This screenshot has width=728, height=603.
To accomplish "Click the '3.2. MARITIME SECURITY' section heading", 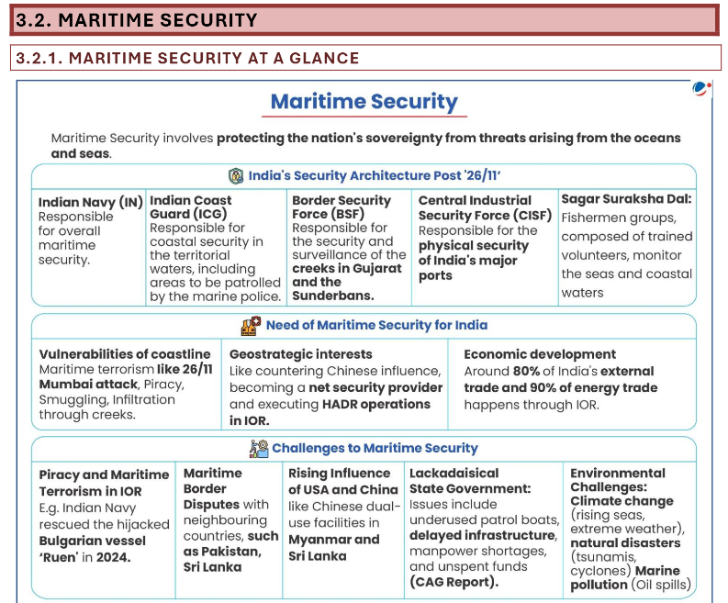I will [x=137, y=19].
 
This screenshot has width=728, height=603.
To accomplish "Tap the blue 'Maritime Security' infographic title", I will [x=364, y=101].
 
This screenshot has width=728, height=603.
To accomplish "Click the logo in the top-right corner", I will [x=701, y=89].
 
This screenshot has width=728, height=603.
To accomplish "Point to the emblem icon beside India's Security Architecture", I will [x=236, y=175].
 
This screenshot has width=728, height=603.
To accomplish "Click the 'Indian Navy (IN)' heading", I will [x=90, y=202].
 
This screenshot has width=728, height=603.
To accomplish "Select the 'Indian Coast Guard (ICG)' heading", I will [x=190, y=207].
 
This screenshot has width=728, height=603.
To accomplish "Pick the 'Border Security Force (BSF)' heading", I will [x=342, y=207].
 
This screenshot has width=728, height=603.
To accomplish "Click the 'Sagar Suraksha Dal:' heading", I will [x=626, y=198].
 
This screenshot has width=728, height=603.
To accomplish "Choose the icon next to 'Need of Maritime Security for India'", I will [x=251, y=325].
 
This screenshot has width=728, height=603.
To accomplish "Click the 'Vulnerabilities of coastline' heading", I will [x=124, y=354].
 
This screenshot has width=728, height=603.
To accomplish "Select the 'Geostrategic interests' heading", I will [x=301, y=354].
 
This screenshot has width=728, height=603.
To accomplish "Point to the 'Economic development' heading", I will [x=540, y=354].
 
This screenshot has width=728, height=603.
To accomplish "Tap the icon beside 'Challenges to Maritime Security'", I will [x=258, y=448].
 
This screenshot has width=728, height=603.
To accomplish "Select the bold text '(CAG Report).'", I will [x=454, y=581].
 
